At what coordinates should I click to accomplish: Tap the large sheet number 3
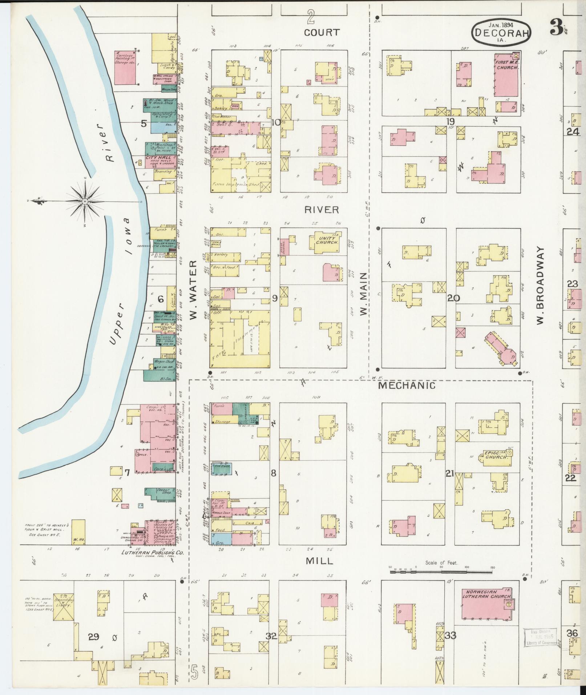click(555, 27)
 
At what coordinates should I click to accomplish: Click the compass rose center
click(84, 201)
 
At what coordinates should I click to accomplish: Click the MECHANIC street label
click(407, 385)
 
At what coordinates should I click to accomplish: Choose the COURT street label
click(322, 32)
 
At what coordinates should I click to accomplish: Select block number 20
click(453, 298)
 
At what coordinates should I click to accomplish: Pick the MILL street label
click(319, 561)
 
